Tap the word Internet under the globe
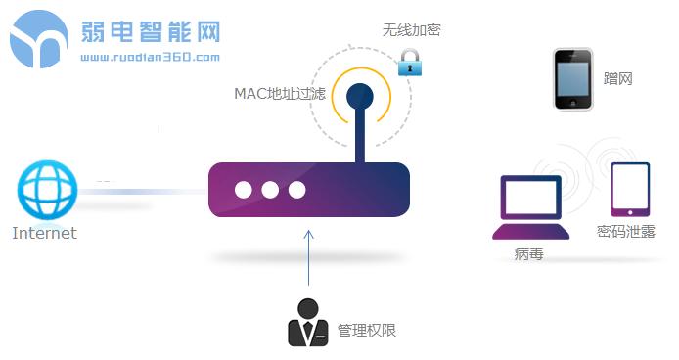[44, 234]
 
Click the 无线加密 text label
[411, 30]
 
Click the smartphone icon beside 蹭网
[572, 79]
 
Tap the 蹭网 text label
[619, 78]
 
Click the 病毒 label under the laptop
[528, 255]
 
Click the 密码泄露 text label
[626, 233]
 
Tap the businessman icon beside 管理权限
[307, 323]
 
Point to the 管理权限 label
[367, 331]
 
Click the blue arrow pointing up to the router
[309, 259]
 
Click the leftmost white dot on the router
[245, 190]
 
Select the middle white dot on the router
[271, 190]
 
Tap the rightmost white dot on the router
[297, 190]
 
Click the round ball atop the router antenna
[360, 95]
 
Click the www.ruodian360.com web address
[150, 57]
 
